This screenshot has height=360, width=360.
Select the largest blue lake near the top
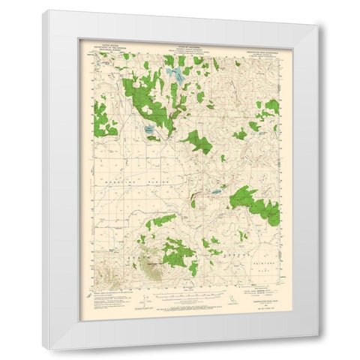[x=175, y=74]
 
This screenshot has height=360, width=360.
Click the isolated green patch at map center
[x=196, y=141]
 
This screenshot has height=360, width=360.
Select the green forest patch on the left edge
[x=102, y=118]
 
